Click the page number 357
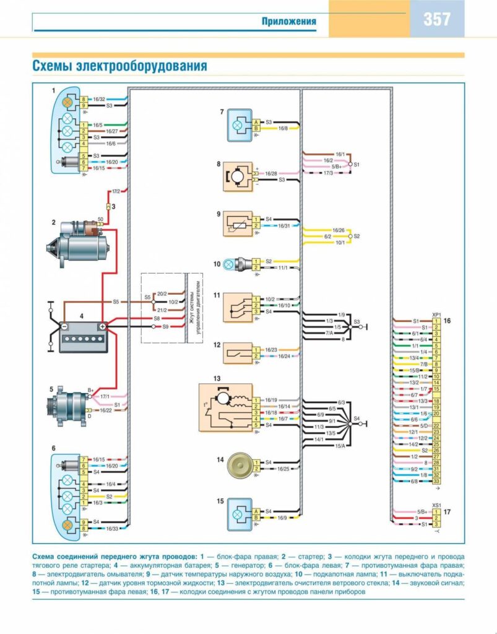tap(437, 19)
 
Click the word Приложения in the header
tap(288, 22)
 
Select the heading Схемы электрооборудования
tap(119, 66)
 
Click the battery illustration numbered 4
tap(83, 337)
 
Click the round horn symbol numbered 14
tap(238, 465)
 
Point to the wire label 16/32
tap(100, 99)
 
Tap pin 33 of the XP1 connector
tap(436, 481)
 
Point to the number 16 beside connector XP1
tap(447, 321)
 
